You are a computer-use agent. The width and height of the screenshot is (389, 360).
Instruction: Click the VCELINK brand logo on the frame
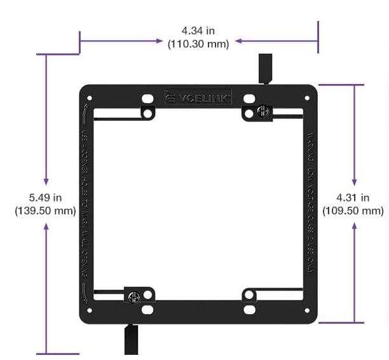(x=198, y=97)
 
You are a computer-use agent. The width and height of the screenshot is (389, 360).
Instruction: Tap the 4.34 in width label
(x=198, y=31)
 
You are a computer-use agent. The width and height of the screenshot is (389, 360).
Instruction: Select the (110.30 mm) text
(x=198, y=43)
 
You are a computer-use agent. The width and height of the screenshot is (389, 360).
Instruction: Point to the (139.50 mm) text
(x=45, y=211)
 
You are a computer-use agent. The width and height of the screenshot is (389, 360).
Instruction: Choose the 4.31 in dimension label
(x=353, y=198)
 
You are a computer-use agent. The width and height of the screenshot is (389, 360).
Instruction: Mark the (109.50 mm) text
(x=353, y=211)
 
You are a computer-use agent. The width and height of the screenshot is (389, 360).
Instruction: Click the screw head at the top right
(x=261, y=112)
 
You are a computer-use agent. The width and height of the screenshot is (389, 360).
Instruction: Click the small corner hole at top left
(x=89, y=99)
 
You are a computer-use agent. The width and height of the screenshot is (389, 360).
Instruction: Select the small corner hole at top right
(x=308, y=99)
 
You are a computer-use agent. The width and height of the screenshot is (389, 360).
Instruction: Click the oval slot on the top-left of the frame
(x=147, y=99)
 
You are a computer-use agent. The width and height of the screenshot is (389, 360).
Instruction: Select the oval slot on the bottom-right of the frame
(x=249, y=310)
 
